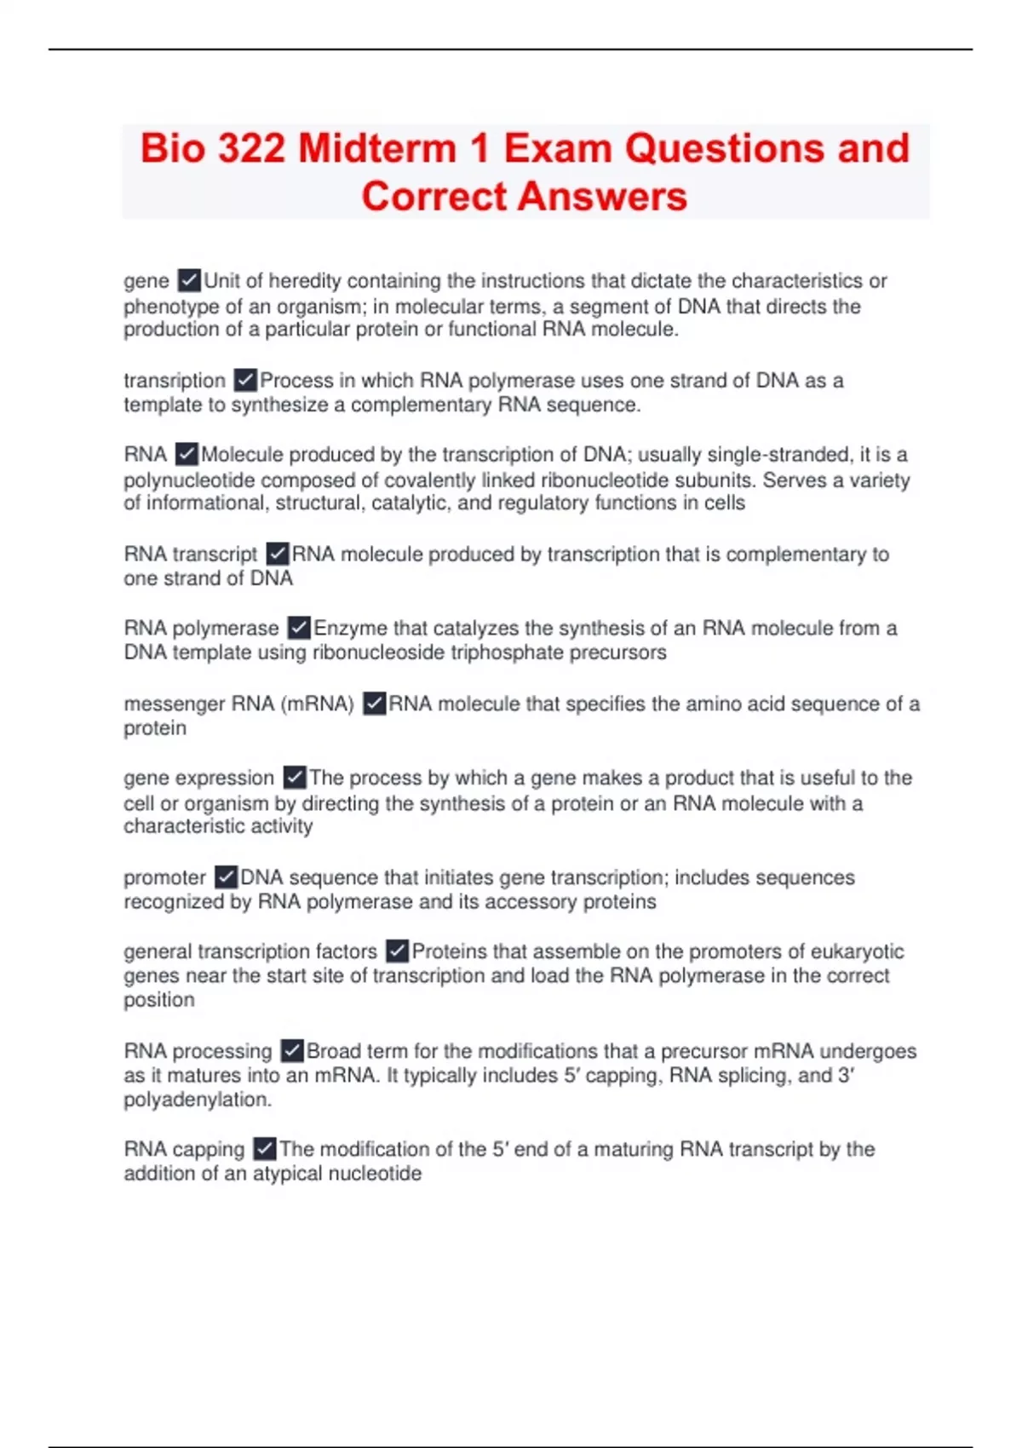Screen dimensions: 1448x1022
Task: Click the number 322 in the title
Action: pos(251,148)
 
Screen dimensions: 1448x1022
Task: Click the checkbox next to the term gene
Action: pos(189,280)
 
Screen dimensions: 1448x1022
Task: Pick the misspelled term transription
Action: pos(175,381)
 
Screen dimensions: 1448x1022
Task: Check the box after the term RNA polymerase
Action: pos(298,629)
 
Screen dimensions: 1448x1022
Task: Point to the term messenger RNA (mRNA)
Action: pos(238,704)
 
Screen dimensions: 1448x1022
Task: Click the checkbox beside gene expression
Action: pos(294,778)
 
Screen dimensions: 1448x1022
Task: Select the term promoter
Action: pos(164,878)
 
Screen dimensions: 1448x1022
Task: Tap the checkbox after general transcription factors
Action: pos(397,951)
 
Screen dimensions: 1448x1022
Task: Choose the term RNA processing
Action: pos(198,1051)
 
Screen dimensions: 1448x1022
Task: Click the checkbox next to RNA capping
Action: pos(265,1150)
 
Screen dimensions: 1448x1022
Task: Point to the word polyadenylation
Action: pos(197,1100)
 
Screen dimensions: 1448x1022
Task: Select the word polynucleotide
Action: pos(189,480)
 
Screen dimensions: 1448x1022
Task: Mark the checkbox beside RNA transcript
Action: pos(277,554)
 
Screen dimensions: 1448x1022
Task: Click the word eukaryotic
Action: pos(857,951)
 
